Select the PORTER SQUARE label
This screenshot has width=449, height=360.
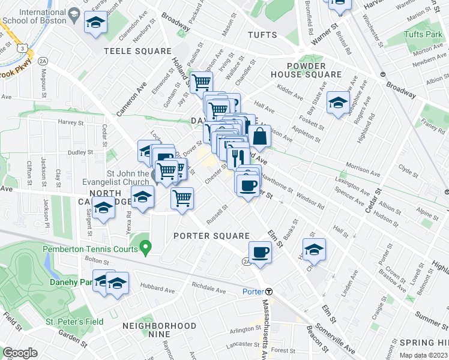(211, 235)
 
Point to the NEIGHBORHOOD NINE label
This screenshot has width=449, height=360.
(159, 326)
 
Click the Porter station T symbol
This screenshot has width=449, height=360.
(269, 292)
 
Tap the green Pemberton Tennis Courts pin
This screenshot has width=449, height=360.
(145, 247)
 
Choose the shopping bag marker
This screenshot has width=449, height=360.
(260, 137)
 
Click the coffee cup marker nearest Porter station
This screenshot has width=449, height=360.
(259, 252)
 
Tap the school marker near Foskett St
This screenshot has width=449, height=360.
(338, 103)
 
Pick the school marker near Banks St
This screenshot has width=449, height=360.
(313, 250)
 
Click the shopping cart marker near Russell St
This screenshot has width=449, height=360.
(182, 197)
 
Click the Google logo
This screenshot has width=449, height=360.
(20, 353)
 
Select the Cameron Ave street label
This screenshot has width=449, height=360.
(131, 98)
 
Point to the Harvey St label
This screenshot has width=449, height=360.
(70, 122)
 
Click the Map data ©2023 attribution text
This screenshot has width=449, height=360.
(423, 355)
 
